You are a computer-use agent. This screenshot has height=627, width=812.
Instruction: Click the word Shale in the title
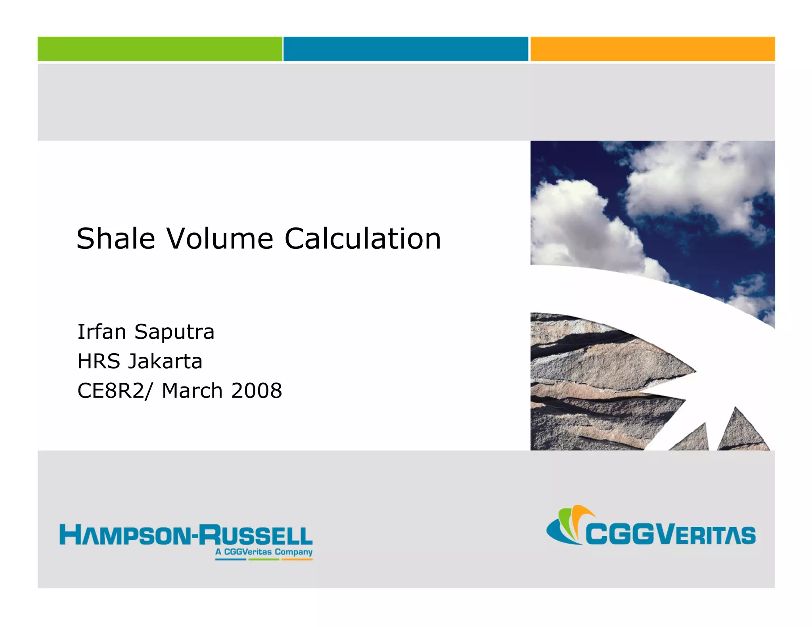115,239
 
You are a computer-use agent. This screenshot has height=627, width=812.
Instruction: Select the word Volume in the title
220,239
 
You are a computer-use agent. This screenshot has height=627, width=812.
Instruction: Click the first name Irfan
102,332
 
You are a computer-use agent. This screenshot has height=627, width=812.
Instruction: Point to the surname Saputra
174,332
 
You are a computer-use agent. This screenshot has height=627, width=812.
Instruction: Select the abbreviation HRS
99,361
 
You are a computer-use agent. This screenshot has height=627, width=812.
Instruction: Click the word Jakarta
165,361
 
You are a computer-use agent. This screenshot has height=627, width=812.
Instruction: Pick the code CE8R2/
115,391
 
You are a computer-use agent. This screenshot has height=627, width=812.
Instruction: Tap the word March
192,391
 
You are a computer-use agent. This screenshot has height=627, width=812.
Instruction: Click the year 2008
257,391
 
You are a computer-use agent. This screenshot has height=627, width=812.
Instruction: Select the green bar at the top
160,49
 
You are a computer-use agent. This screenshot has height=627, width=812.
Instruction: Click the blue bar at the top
406,49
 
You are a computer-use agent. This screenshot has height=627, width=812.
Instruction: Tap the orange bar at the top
653,49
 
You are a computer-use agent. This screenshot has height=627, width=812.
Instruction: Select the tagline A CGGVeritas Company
264,552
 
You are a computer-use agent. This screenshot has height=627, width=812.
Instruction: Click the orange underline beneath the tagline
297,560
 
